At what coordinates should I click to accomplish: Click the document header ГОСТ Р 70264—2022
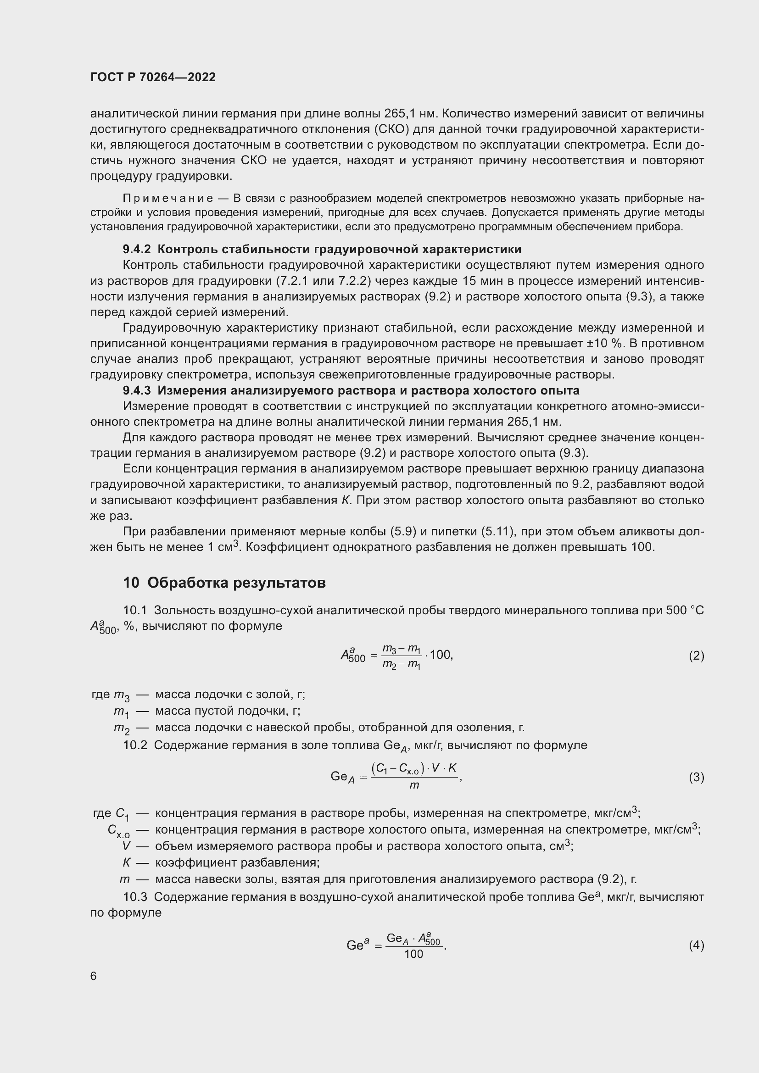[153, 77]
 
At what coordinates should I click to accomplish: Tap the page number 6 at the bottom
[94, 976]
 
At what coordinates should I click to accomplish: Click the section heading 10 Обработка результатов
[224, 583]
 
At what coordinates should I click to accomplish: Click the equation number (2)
[696, 656]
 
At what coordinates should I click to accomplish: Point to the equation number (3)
[696, 777]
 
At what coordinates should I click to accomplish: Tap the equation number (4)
[696, 945]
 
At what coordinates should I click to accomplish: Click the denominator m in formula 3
[414, 785]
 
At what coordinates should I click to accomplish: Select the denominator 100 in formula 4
[413, 954]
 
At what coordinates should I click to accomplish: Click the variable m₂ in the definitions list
[121, 728]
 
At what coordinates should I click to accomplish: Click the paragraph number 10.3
[135, 897]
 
